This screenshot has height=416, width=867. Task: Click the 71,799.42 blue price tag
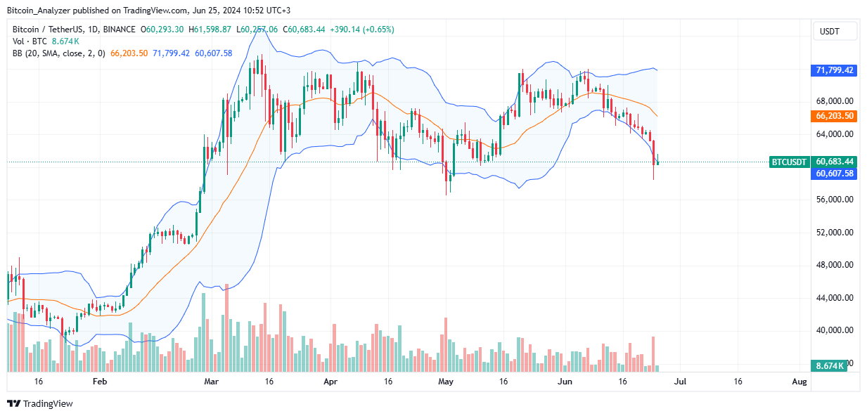pyautogui.click(x=835, y=70)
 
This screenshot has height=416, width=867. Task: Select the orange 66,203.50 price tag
pyautogui.click(x=835, y=117)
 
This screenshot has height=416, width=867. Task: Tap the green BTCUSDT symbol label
pyautogui.click(x=790, y=162)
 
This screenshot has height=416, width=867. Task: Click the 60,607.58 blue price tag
pyautogui.click(x=835, y=173)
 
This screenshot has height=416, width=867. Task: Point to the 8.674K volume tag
pyautogui.click(x=835, y=366)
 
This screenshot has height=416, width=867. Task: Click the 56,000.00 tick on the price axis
pyautogui.click(x=834, y=200)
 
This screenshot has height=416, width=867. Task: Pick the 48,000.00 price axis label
pyautogui.click(x=834, y=265)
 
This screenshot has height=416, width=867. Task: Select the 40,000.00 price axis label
pyautogui.click(x=834, y=330)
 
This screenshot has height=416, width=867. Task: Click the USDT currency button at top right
pyautogui.click(x=835, y=31)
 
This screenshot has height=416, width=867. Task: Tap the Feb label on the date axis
pyautogui.click(x=100, y=382)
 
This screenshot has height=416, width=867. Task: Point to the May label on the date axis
pyautogui.click(x=445, y=382)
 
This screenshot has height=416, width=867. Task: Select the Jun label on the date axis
pyautogui.click(x=564, y=382)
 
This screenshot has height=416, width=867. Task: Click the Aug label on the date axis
pyautogui.click(x=798, y=382)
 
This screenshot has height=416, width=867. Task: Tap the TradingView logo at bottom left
pyautogui.click(x=40, y=403)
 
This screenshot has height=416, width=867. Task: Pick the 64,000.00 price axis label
pyautogui.click(x=834, y=134)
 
